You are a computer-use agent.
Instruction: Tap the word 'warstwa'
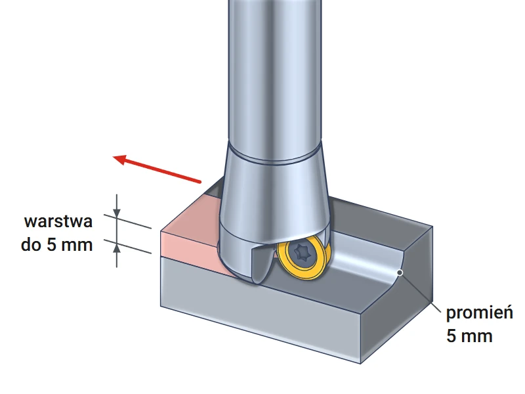58,221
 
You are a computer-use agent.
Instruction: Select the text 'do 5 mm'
56,244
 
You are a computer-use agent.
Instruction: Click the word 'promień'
480,313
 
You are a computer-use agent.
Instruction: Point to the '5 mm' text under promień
469,336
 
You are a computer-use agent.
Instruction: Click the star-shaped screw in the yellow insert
303,252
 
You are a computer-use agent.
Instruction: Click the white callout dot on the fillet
400,273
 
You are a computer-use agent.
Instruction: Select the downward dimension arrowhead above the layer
117,212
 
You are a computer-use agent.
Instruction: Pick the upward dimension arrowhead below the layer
117,248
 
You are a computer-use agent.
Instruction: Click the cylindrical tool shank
274,74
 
